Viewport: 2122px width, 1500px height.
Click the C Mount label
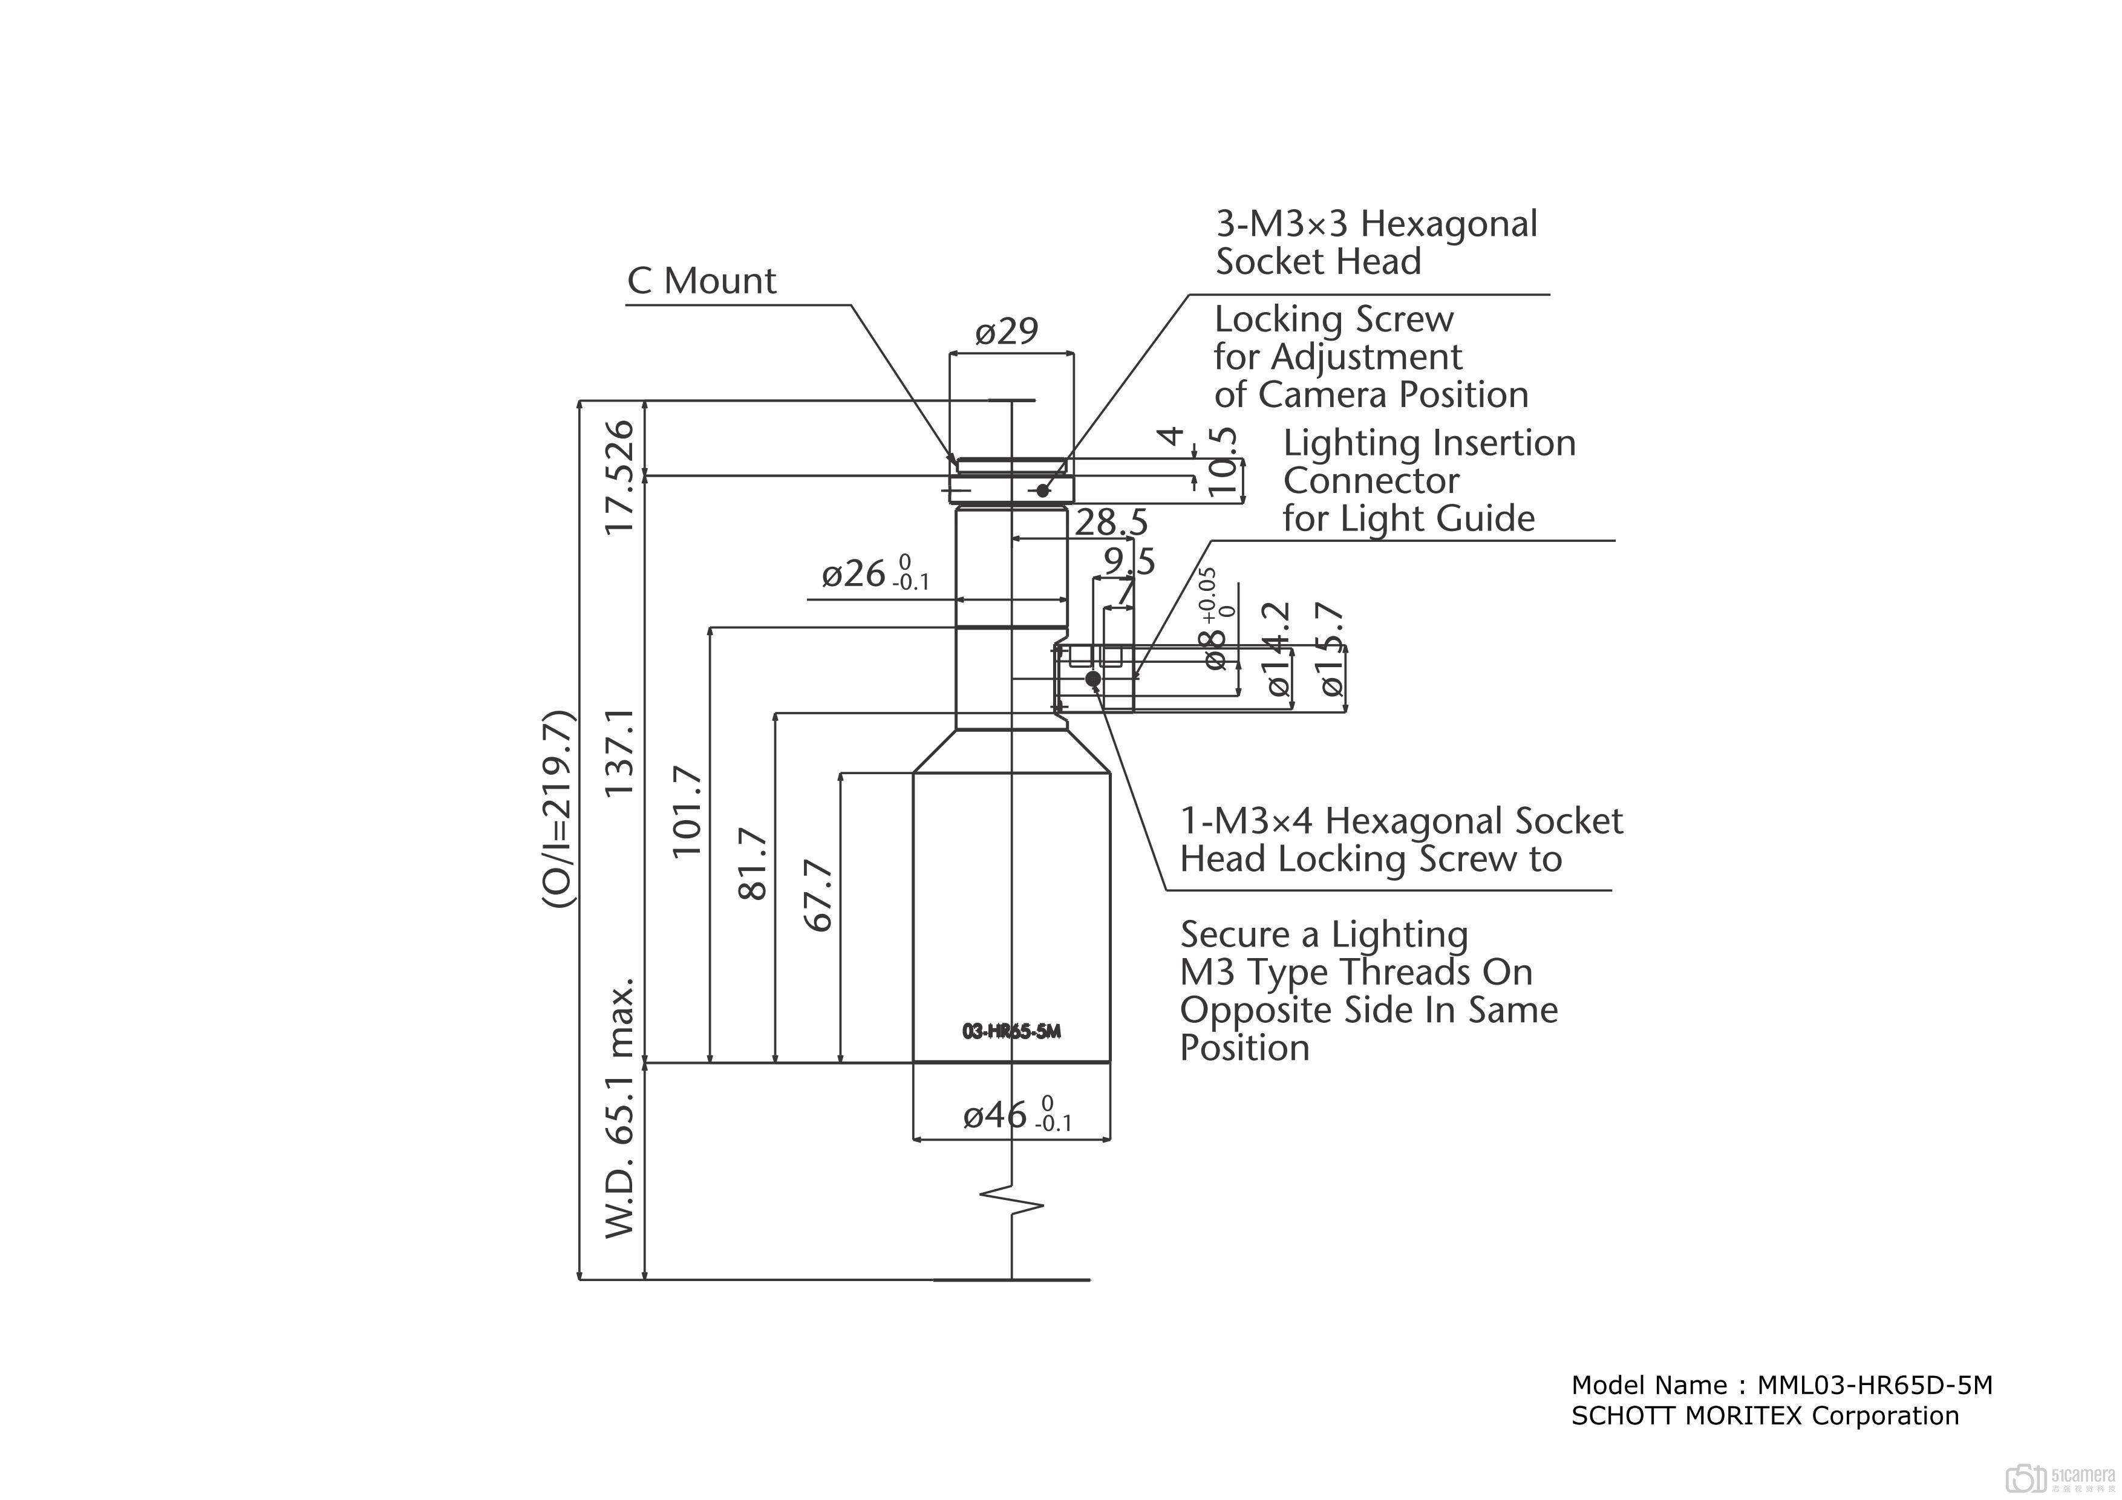702,281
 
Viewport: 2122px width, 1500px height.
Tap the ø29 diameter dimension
1007,331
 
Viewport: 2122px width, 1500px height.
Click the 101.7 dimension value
688,812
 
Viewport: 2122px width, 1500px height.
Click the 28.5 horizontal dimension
1111,523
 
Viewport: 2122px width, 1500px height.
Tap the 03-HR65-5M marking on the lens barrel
1011,1031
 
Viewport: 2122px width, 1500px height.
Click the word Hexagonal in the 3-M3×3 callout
1449,224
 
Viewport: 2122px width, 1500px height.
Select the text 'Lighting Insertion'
1429,443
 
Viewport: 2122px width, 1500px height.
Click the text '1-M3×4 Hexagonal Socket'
1400,821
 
